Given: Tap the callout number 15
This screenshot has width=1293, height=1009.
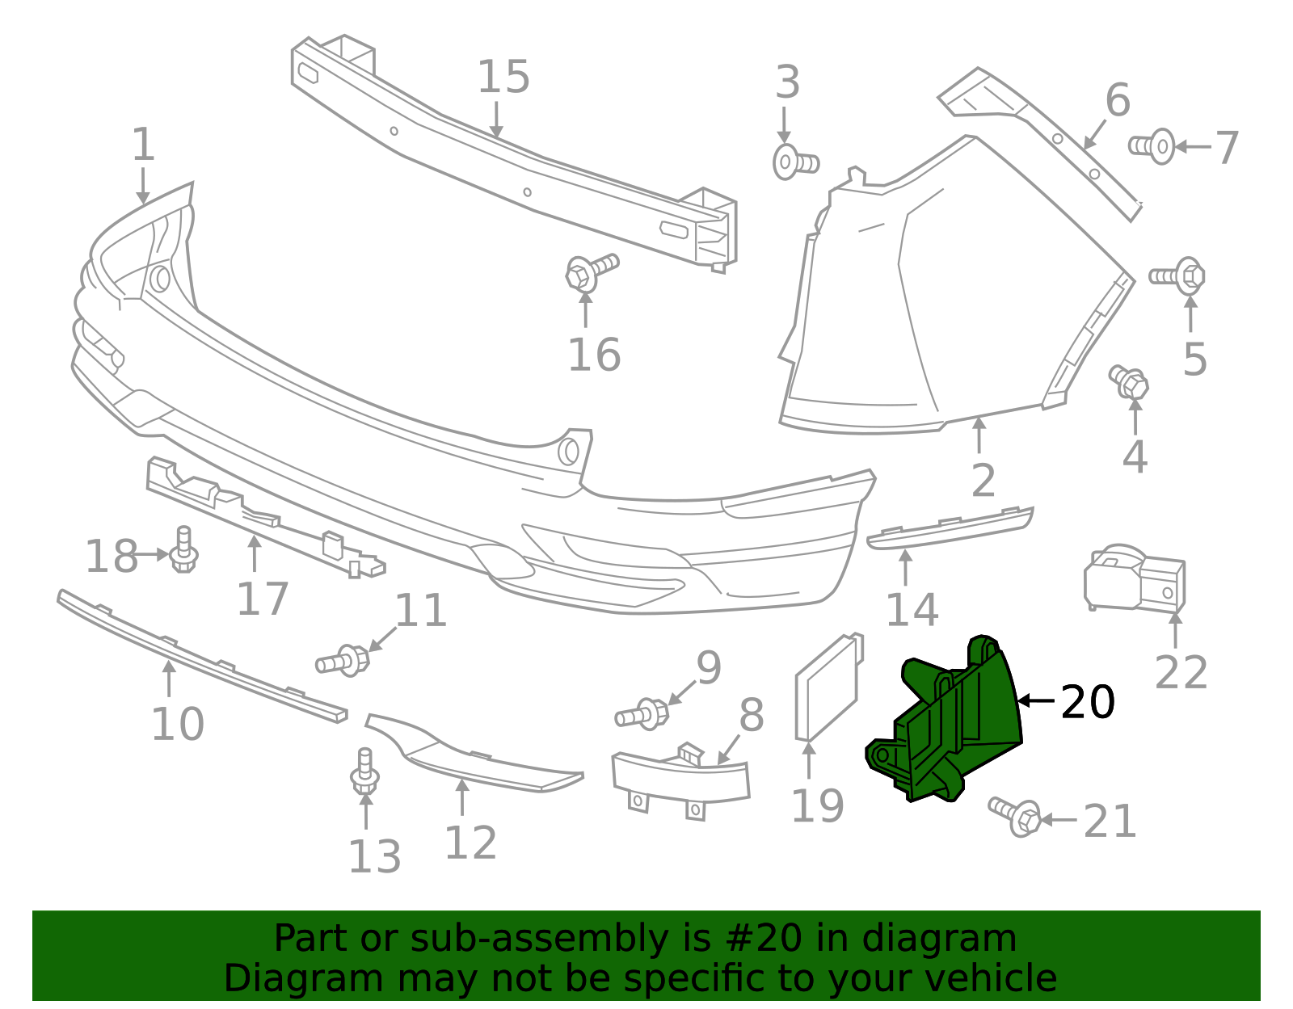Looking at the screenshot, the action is point(503,78).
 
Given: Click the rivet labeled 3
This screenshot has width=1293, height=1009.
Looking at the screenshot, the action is point(794,162).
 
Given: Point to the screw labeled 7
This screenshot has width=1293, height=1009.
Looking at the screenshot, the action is point(1152,146).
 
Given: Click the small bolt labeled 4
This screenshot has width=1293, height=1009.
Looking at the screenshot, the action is point(1130,381).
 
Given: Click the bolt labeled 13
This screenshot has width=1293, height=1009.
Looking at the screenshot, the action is point(365,771).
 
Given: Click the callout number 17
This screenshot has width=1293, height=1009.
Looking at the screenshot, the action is point(263,599).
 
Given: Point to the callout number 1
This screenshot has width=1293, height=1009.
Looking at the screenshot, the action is point(143,145).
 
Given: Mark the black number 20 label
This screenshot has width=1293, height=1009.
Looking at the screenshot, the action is point(1087,701).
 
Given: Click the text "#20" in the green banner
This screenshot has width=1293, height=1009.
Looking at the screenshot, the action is point(764,939).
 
